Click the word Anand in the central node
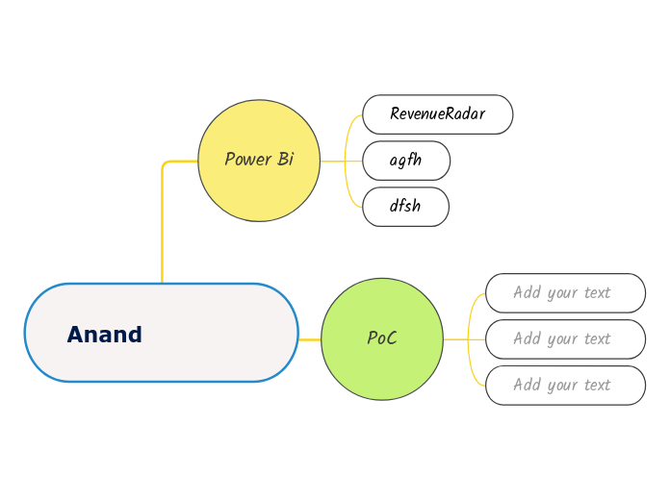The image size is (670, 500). point(104,335)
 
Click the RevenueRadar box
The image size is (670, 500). point(437,114)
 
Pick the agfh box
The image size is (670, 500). point(405,161)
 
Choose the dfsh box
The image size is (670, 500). point(405,207)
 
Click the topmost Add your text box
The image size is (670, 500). point(565,292)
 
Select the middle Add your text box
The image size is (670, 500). point(565,338)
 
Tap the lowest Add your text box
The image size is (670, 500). point(565,385)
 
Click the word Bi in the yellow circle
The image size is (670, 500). point(286,160)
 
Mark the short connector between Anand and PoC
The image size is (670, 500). point(309,339)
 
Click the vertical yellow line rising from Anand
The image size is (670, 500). point(162,231)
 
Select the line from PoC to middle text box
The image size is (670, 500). point(462,338)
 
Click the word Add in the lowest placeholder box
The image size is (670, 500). point(527,385)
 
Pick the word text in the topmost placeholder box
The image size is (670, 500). point(597,292)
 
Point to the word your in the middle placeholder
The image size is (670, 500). point(562,338)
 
